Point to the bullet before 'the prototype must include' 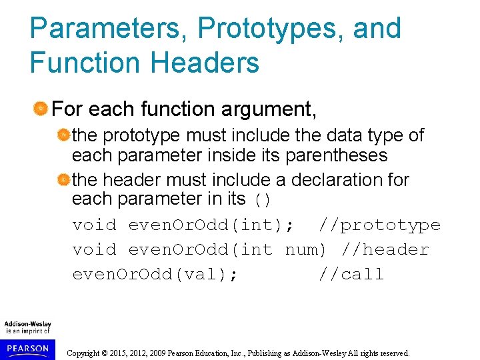[63, 135]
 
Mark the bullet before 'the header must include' [63, 180]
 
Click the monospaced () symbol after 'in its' [262, 200]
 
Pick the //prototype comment [379, 225]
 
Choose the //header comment [385, 250]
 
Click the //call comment [351, 274]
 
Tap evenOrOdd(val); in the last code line [155, 274]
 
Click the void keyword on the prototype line [94, 225]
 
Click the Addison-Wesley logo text [28, 324]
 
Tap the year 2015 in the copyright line [125, 353]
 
